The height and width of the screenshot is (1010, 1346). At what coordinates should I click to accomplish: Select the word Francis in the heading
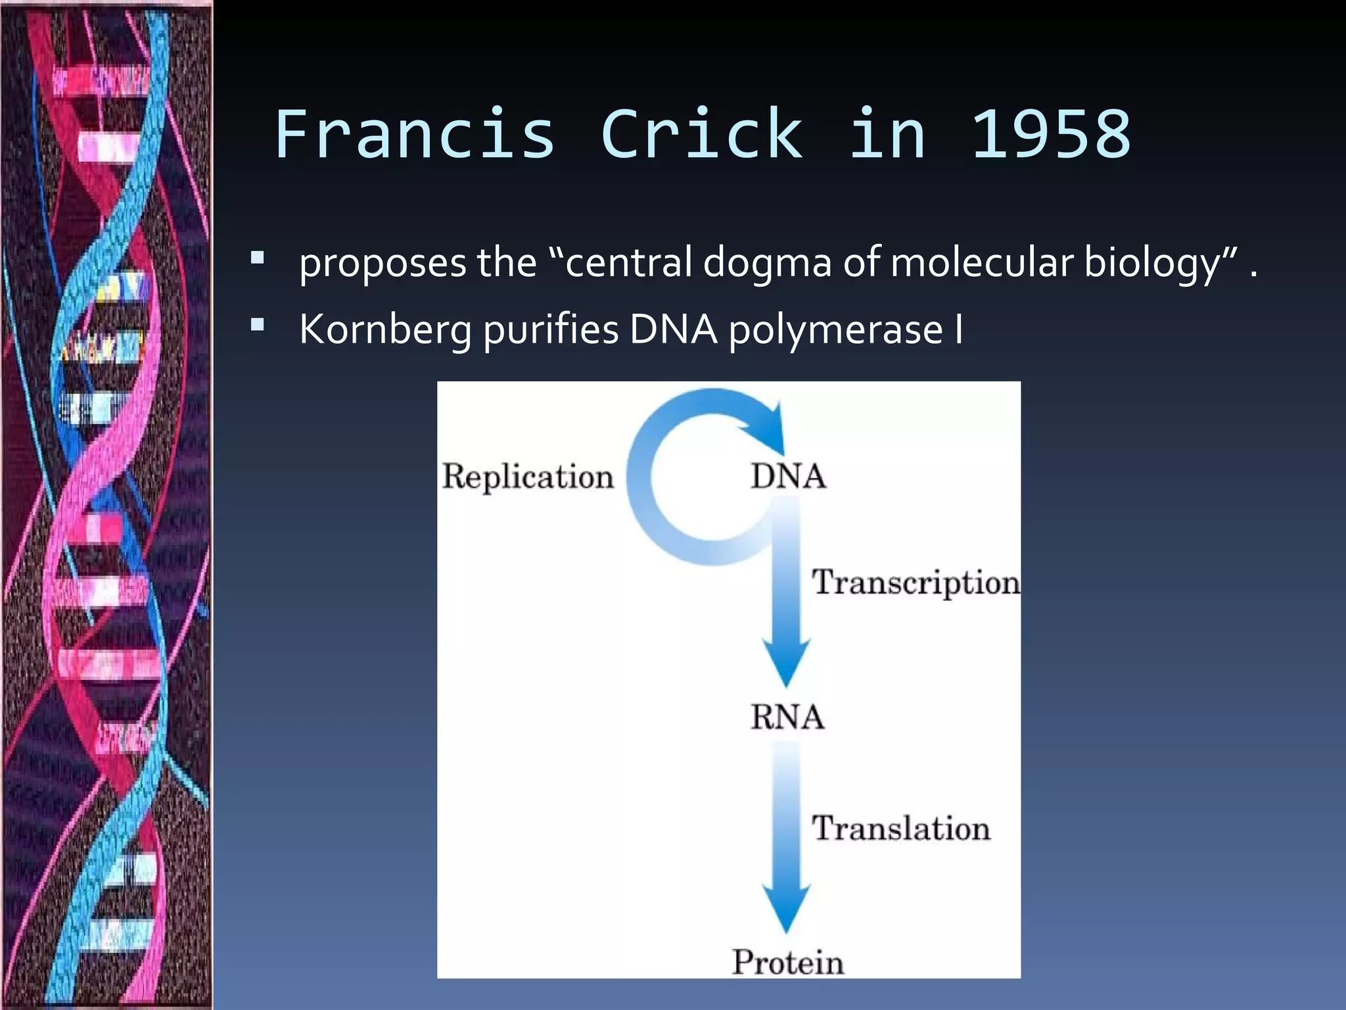pos(415,135)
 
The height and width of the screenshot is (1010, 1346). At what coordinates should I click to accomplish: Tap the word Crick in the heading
pos(701,135)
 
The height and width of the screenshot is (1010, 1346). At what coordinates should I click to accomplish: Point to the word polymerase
pos(835,329)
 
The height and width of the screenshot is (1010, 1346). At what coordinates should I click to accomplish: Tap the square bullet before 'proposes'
pos(258,257)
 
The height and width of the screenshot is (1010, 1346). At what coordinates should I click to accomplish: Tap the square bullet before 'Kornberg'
pos(258,324)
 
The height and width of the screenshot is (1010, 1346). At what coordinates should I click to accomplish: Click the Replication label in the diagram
pos(527,476)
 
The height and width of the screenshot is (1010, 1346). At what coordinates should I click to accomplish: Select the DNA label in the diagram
pos(787,476)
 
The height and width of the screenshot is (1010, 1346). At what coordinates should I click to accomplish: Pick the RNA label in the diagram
pos(787,717)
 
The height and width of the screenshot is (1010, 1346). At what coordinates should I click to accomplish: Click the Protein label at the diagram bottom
pos(787,962)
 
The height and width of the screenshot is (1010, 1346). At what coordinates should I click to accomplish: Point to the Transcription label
pos(915,583)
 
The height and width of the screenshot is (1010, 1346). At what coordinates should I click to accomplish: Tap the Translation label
pos(900,828)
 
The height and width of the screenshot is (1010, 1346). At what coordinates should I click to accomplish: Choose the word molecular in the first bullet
pos(981,262)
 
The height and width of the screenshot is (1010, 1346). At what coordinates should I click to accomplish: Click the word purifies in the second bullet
pos(551,329)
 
